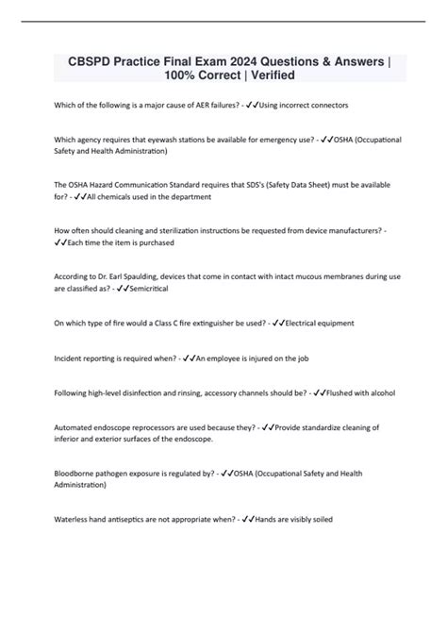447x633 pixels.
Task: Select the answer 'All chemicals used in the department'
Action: click(x=150, y=196)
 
